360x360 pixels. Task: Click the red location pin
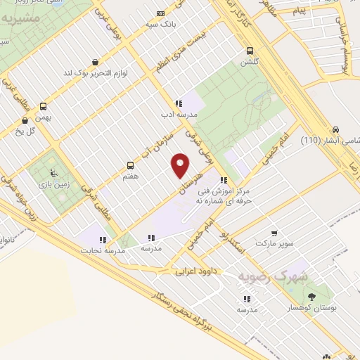click(180, 165)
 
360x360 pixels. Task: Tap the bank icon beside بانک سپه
click(161, 13)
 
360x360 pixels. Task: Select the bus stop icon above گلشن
click(250, 50)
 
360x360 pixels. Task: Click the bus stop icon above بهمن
click(44, 107)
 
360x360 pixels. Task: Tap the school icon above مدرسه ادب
click(179, 103)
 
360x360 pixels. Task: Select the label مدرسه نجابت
click(103, 250)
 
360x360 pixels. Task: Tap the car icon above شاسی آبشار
click(336, 129)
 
